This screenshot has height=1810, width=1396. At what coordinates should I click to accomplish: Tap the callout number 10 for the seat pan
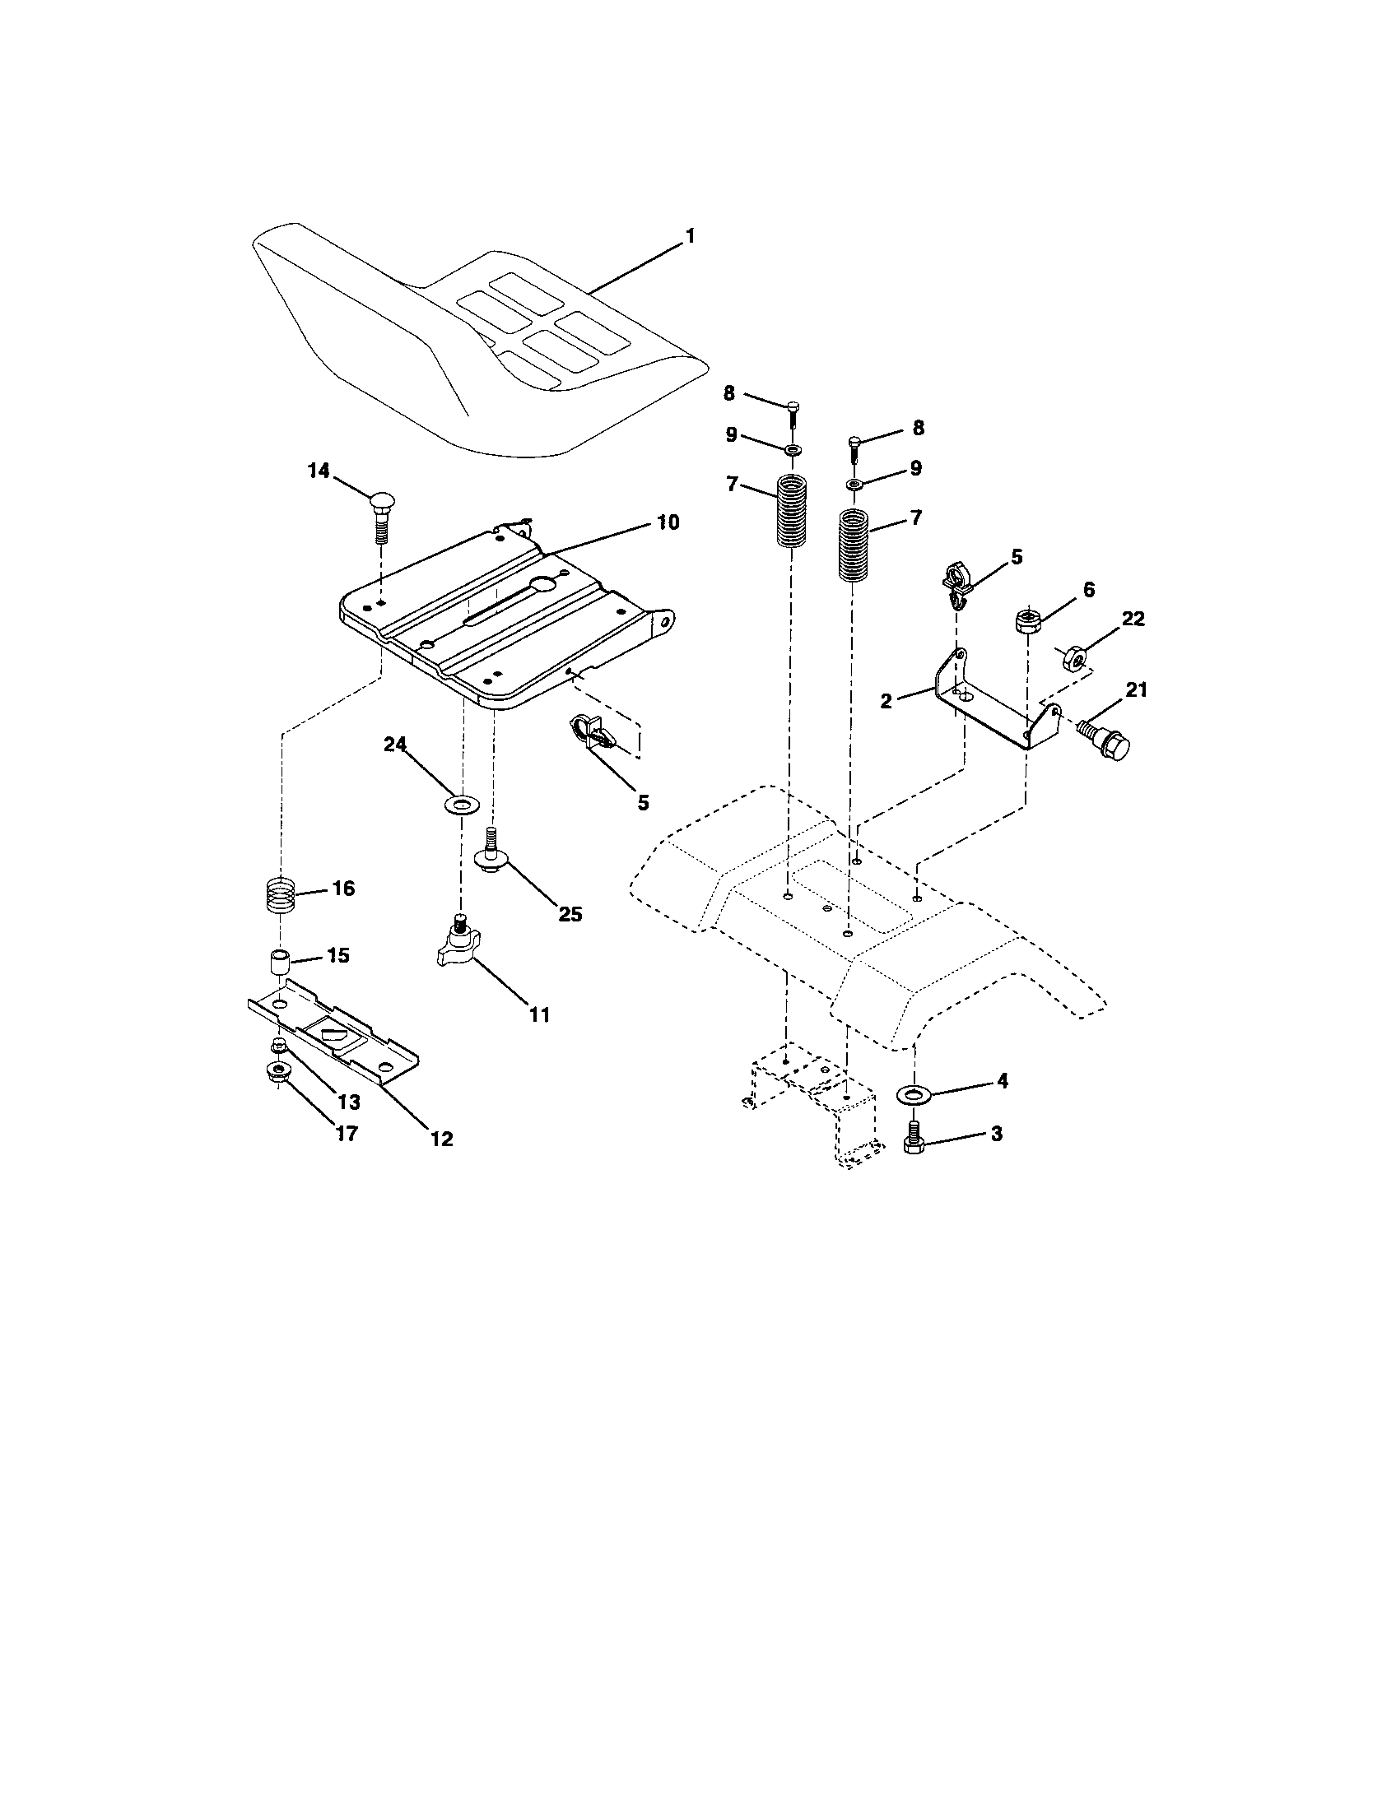tap(668, 522)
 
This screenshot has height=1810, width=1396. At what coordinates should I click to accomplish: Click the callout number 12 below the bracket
tap(442, 1139)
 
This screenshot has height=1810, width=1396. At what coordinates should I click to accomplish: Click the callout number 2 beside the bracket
tap(886, 701)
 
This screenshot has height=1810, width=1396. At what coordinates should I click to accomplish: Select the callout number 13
tap(349, 1102)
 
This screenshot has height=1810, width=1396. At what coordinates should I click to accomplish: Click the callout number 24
tap(394, 745)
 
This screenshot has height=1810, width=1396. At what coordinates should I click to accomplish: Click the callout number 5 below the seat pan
tap(644, 802)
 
